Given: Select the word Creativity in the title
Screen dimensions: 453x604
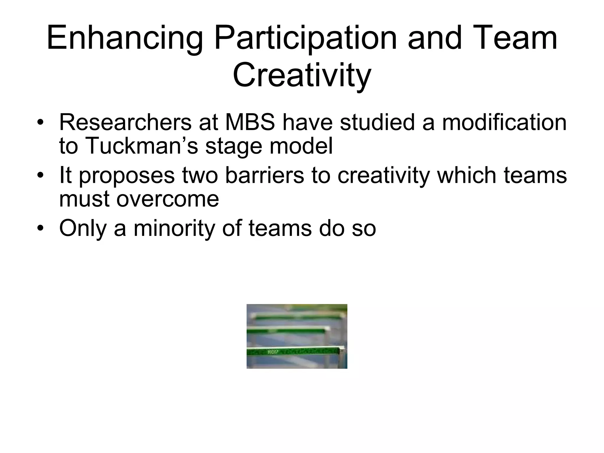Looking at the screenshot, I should [302, 76].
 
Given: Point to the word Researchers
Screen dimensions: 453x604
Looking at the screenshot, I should [125, 122].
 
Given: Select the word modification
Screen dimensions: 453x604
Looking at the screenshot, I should [504, 122].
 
